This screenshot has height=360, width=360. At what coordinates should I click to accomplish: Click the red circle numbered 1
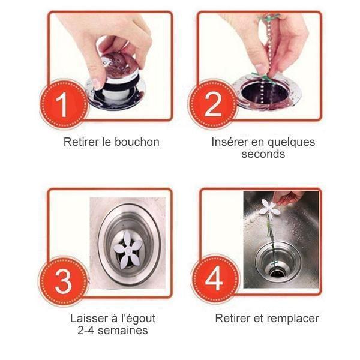click(x=64, y=104)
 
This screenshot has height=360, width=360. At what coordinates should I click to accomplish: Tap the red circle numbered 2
click(x=212, y=104)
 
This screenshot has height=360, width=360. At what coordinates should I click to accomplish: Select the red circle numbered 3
click(x=63, y=281)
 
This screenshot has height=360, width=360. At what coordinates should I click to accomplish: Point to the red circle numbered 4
click(x=215, y=278)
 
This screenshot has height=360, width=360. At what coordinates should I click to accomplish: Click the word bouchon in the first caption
click(x=137, y=142)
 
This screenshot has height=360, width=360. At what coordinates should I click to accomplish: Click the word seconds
click(x=263, y=154)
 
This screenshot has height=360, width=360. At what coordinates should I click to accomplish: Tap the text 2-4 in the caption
click(x=86, y=331)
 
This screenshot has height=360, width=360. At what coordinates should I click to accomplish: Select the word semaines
click(x=122, y=331)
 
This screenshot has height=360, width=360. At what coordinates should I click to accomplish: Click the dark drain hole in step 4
click(x=277, y=273)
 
